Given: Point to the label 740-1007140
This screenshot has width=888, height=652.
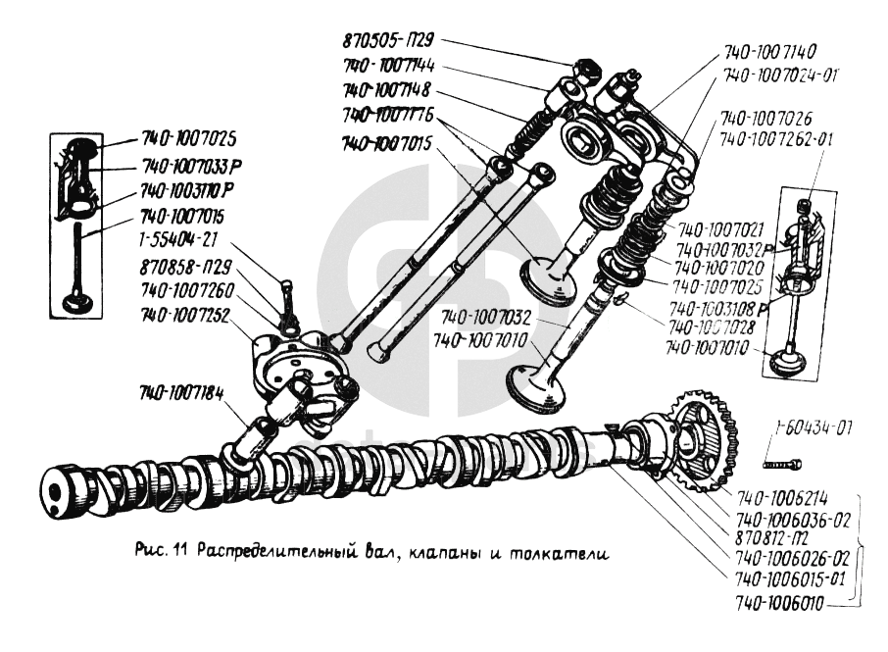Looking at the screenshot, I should (x=770, y=51).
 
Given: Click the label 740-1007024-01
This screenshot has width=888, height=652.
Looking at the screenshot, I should (x=780, y=75).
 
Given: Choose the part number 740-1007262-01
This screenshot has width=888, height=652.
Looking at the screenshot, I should (x=776, y=140).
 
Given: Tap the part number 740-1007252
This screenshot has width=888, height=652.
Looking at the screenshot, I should (x=187, y=316).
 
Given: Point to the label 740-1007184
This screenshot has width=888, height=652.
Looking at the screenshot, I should (x=181, y=394).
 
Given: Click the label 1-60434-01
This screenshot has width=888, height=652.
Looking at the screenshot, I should (x=813, y=428).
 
